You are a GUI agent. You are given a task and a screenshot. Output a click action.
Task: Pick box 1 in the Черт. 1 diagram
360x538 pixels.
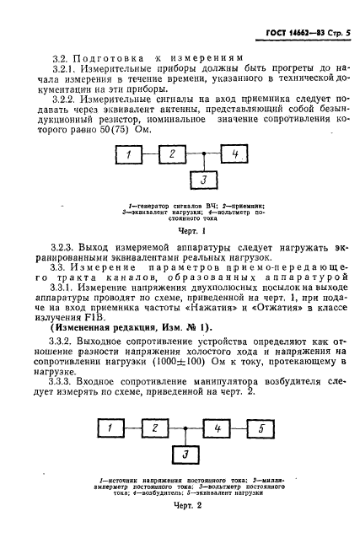[x=128, y=154]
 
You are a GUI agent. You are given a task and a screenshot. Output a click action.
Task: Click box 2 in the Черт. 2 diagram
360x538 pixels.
[x=155, y=429]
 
